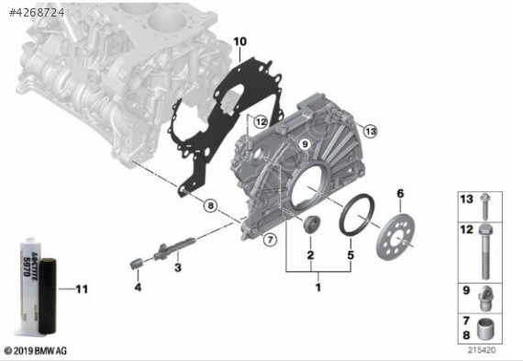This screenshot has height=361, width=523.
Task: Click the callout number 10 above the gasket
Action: pos(239,42)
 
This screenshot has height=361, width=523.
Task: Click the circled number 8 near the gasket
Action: pos(209,206)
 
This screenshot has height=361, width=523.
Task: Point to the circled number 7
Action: pos(270,240)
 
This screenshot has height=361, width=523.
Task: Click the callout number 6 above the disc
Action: pos(399,194)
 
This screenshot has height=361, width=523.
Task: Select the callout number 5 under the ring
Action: pos(350,254)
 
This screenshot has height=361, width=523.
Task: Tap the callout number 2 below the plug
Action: pos(310,254)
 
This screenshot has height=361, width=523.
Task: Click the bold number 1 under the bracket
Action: pos(318,288)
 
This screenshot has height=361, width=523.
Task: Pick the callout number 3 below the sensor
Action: pos(178,267)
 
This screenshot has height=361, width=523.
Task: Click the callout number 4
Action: pos(138,288)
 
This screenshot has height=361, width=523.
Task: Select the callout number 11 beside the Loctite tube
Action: pos(81,290)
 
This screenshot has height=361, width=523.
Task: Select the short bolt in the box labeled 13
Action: pos(488,207)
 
